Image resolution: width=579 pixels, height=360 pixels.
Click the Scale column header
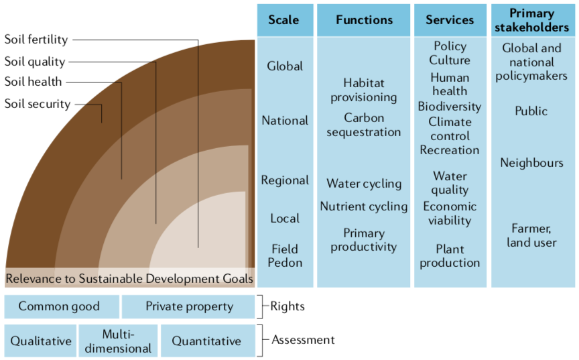tap(283, 20)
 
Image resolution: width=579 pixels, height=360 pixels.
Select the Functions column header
tap(363, 20)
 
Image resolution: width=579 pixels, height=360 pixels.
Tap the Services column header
tap(450, 20)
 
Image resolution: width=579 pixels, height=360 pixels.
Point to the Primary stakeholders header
tap(533, 20)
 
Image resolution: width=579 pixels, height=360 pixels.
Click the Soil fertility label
tap(36, 40)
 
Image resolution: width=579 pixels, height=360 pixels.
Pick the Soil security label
tap(37, 104)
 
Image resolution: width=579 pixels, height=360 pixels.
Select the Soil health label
tap(33, 82)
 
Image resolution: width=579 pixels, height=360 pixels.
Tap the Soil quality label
tap(35, 62)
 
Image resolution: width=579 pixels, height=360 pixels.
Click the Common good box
tap(59, 307)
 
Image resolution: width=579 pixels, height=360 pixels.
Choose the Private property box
tap(189, 307)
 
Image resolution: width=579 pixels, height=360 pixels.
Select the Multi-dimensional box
tap(119, 341)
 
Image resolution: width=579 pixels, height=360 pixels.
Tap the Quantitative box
tap(206, 341)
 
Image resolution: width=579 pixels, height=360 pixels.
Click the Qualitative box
tap(41, 341)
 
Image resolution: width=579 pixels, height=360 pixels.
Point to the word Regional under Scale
tap(285, 180)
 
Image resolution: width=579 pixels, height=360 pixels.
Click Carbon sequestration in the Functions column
tap(363, 125)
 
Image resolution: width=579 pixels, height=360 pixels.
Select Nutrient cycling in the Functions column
tap(363, 206)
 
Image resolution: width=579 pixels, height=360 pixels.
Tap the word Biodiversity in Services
tap(449, 107)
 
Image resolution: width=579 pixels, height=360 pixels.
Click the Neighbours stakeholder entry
tap(531, 163)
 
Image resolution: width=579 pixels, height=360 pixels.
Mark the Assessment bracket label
tap(303, 340)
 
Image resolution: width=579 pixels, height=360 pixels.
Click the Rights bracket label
tap(287, 306)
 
